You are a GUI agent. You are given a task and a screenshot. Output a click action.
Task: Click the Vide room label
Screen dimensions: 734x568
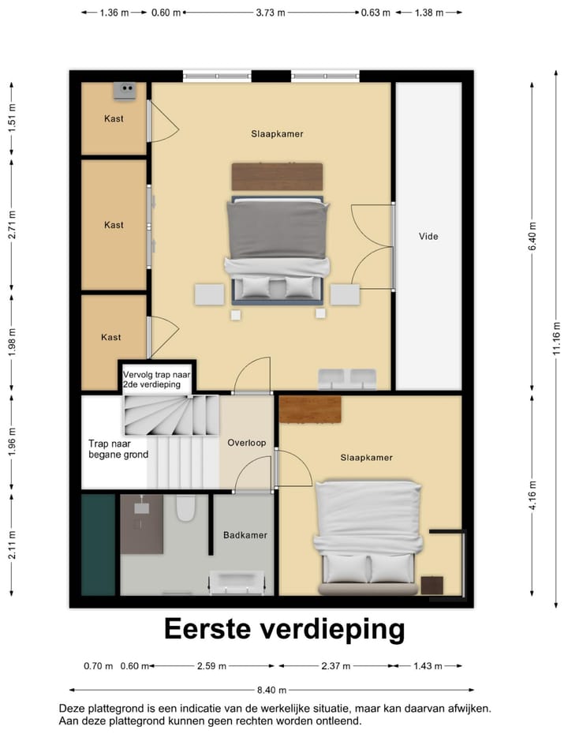click(x=428, y=236)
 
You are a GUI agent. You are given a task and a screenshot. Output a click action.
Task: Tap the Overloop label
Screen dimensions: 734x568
click(x=247, y=443)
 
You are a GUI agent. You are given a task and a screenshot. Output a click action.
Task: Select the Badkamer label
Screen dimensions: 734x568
click(x=245, y=534)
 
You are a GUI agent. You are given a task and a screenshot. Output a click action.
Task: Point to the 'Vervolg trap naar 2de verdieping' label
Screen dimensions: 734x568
click(x=158, y=378)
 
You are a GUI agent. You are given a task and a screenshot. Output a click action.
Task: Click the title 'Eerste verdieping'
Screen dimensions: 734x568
click(x=284, y=629)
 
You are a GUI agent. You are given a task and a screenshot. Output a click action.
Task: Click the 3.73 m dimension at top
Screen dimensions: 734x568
click(x=271, y=13)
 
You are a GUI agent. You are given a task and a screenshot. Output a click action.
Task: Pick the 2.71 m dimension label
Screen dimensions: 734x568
click(x=12, y=225)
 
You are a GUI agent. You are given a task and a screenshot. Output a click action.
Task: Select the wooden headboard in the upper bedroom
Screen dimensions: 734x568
click(x=277, y=176)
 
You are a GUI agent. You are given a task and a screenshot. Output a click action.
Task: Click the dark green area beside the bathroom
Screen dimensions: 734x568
click(x=99, y=544)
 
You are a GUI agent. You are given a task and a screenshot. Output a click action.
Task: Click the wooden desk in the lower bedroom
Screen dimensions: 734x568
click(x=310, y=408)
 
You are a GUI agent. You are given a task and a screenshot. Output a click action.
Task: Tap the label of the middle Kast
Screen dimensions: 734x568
click(x=114, y=225)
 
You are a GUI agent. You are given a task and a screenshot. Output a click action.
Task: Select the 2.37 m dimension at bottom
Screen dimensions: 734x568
click(x=335, y=666)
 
